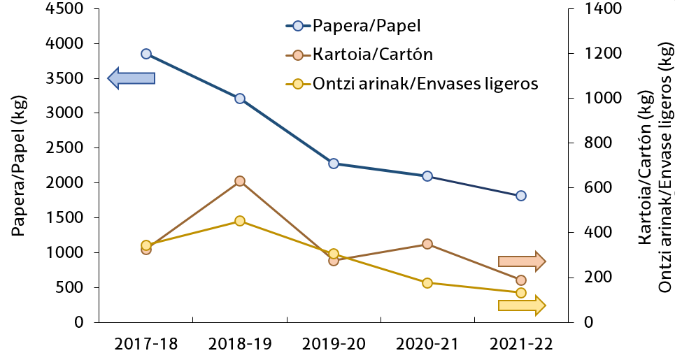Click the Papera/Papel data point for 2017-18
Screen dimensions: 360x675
pos(146,54)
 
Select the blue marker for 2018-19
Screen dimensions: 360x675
pos(240,99)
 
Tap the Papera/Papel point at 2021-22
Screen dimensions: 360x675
pos(521,196)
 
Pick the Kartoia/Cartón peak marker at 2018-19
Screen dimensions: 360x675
pos(240,181)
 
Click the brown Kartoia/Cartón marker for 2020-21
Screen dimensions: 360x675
pos(427,244)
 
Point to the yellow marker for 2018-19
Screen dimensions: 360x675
pos(240,221)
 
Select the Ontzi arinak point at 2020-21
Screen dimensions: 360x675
pos(427,283)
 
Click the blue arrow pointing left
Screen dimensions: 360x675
pos(131,78)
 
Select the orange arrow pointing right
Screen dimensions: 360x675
pos(522,261)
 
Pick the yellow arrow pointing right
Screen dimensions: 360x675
pos(522,304)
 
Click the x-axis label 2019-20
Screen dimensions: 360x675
pos(334,344)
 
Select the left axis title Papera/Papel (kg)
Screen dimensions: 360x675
pos(19,166)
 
